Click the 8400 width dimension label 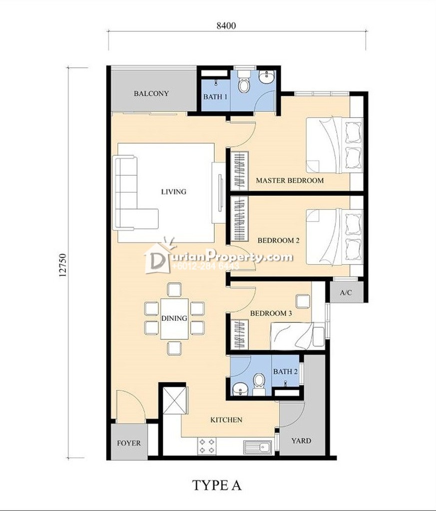point(226,26)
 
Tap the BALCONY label point(151,93)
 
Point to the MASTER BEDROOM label point(290,180)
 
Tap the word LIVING point(174,192)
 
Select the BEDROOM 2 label point(279,241)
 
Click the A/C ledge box point(346,292)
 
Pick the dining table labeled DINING point(174,318)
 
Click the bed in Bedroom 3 point(297,336)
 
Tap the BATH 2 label point(285,371)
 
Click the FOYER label point(129,443)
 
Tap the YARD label point(301,441)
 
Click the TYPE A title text point(217,485)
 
